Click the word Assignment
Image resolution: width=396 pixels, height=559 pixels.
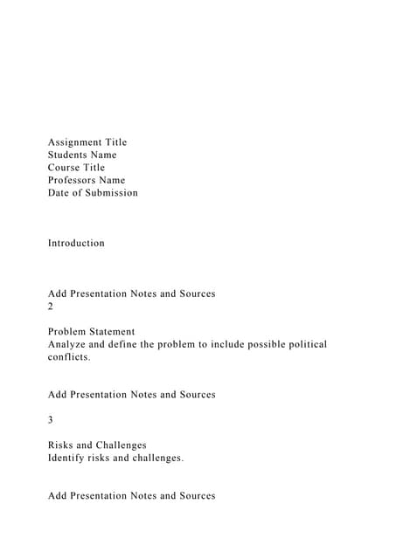click(75, 142)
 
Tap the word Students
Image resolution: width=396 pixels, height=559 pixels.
click(68, 155)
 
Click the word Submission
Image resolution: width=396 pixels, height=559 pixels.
click(111, 193)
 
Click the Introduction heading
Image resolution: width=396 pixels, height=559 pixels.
click(76, 243)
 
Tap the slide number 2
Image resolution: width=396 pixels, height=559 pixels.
click(51, 307)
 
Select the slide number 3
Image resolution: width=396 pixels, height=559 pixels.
click(51, 420)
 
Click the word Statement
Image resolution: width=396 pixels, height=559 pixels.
click(112, 332)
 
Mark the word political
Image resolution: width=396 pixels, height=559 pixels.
click(306, 344)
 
